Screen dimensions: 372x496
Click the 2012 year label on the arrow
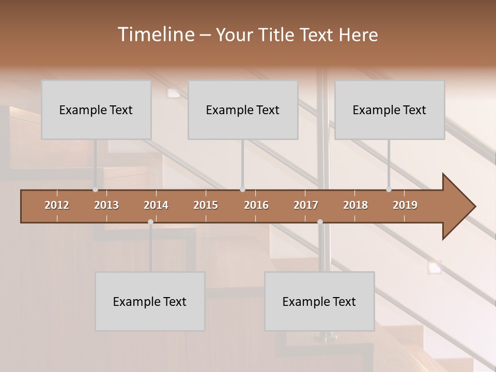click(x=57, y=205)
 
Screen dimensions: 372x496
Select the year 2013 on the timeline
click(x=106, y=205)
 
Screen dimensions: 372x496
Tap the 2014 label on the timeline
click(x=156, y=205)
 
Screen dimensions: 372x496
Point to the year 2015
click(x=206, y=205)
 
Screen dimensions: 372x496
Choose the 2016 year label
click(x=256, y=205)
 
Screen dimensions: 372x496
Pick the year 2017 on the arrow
click(x=306, y=205)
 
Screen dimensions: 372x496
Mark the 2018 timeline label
click(x=355, y=205)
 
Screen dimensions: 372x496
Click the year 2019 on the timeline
click(x=405, y=205)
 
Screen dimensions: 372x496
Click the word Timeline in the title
click(x=156, y=35)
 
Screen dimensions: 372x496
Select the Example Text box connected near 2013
click(x=96, y=110)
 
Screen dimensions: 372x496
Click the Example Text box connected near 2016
click(x=243, y=110)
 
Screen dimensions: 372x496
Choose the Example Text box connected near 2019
click(x=390, y=110)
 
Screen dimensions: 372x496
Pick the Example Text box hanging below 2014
click(x=150, y=301)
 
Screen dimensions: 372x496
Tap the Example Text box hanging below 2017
click(x=319, y=301)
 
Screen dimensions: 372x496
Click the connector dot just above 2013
click(x=95, y=190)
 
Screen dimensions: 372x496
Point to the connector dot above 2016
click(x=242, y=190)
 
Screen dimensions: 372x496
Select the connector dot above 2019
click(x=389, y=190)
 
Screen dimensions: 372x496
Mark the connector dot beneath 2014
click(x=150, y=222)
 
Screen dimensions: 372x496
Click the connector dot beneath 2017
click(x=320, y=222)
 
